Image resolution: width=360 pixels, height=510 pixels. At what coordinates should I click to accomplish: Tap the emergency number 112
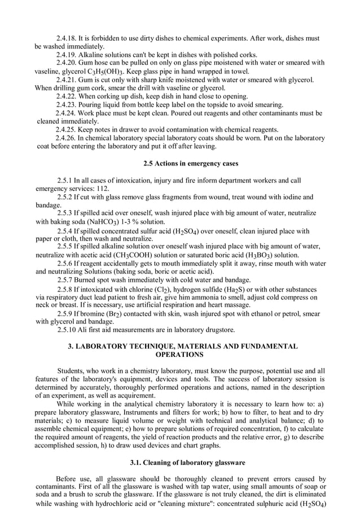click(x=102, y=188)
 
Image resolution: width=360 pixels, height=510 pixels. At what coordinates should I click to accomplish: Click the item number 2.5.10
click(x=71, y=330)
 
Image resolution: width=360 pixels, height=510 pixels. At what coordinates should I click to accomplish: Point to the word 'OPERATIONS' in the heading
click(x=179, y=355)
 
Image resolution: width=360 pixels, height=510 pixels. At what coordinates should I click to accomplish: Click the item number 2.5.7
click(x=69, y=280)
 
